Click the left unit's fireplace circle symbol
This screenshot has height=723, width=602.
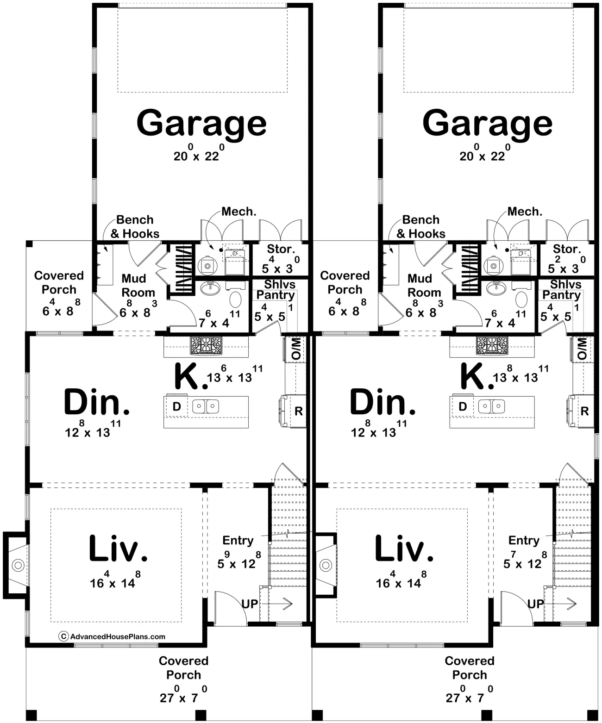(18, 566)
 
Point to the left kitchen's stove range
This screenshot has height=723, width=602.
(206, 345)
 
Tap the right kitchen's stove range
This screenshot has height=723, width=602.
(492, 345)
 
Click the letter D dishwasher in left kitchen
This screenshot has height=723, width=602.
(176, 406)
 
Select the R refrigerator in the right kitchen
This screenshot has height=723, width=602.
(585, 411)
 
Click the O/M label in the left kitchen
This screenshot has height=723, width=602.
(295, 349)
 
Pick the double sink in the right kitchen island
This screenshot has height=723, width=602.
(492, 406)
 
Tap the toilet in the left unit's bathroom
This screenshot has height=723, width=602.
(236, 299)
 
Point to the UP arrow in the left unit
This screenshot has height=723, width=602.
(277, 604)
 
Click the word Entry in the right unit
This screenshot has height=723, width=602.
(524, 541)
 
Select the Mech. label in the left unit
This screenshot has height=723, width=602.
(239, 211)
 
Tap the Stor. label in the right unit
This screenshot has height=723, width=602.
(567, 249)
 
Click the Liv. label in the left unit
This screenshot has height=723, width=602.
(118, 548)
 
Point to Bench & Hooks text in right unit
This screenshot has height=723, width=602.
(421, 227)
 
